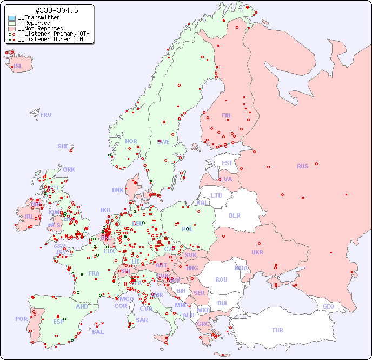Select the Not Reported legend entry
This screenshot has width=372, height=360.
click(x=39, y=28)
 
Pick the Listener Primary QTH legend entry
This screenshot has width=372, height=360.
click(x=50, y=34)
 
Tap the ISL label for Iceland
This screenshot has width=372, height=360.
click(x=18, y=67)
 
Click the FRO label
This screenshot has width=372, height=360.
click(x=46, y=115)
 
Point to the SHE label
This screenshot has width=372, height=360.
click(x=63, y=146)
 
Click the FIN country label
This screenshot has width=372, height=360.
click(x=226, y=115)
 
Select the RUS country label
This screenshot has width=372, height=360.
click(x=302, y=166)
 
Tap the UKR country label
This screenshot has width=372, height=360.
click(x=257, y=252)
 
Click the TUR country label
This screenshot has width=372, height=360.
click(x=277, y=330)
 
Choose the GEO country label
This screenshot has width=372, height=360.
click(x=328, y=306)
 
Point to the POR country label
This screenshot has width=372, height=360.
click(x=21, y=319)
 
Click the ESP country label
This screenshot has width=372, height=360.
click(x=58, y=321)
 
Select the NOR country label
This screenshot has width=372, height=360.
click(x=131, y=141)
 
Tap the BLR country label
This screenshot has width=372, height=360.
click(x=234, y=215)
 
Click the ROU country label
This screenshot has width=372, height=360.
click(x=221, y=279)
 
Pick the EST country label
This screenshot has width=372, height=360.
click(x=227, y=163)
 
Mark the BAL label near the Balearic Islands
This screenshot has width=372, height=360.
click(x=97, y=332)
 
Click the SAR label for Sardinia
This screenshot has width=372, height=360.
click(x=142, y=320)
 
